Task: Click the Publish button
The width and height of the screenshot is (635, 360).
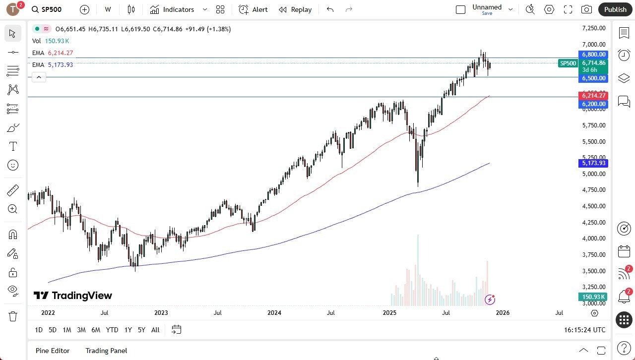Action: (x=615, y=9)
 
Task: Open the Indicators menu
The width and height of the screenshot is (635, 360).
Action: (x=178, y=9)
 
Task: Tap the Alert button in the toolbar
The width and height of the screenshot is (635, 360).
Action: (x=253, y=9)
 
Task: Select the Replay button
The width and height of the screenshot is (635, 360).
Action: (x=295, y=9)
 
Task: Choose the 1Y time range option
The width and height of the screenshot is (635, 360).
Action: (x=128, y=330)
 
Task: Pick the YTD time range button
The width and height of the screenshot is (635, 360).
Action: (x=112, y=330)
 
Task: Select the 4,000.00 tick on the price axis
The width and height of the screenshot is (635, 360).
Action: (x=593, y=239)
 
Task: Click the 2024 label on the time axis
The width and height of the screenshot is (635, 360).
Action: (x=274, y=313)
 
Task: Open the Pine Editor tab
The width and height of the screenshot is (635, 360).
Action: (x=53, y=351)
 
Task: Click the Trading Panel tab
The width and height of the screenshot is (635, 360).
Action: (x=106, y=351)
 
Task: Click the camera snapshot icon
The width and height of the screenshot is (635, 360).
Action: (x=586, y=9)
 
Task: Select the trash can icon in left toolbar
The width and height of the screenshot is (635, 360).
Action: (x=13, y=316)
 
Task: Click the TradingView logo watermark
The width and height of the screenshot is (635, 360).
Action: (x=73, y=296)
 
